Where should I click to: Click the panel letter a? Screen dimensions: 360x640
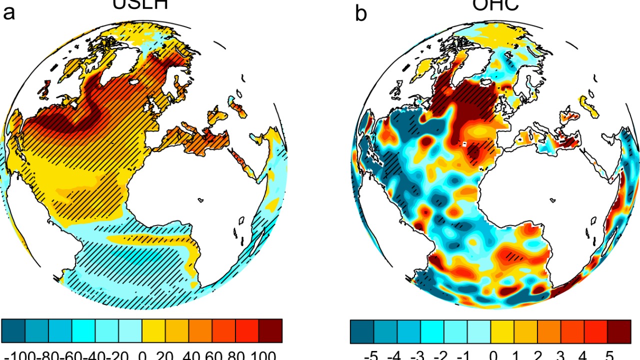(9, 13)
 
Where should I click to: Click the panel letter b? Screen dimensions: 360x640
(360, 13)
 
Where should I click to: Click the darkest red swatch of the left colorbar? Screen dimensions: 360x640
(270, 330)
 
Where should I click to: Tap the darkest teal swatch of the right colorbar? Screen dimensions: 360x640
(361, 330)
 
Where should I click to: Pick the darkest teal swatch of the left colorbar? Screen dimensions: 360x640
(13, 330)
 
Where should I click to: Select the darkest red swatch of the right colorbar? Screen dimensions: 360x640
(620, 330)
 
